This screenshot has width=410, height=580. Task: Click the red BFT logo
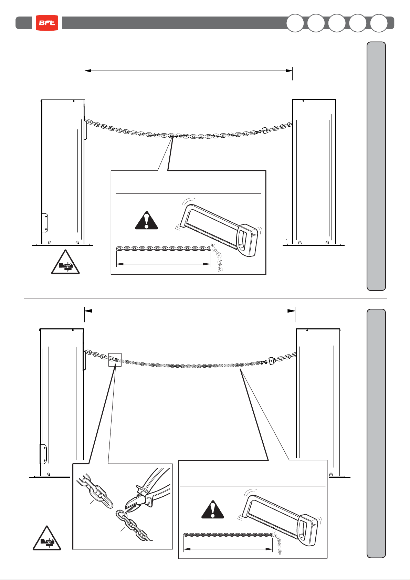pos(47,23)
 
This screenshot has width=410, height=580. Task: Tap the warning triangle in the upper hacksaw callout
pos(146,221)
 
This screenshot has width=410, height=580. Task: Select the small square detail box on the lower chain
pos(115,360)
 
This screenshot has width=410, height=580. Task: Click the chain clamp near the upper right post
pos(264,131)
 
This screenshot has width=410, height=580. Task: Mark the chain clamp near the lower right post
pos(271,360)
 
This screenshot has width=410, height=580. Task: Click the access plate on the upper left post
pos(45,222)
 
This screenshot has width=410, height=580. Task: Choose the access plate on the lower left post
pos(43,454)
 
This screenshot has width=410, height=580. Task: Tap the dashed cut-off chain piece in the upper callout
pos(218,260)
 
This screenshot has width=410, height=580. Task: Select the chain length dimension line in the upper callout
pos(163,264)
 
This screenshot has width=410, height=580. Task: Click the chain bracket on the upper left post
pos(86,130)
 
